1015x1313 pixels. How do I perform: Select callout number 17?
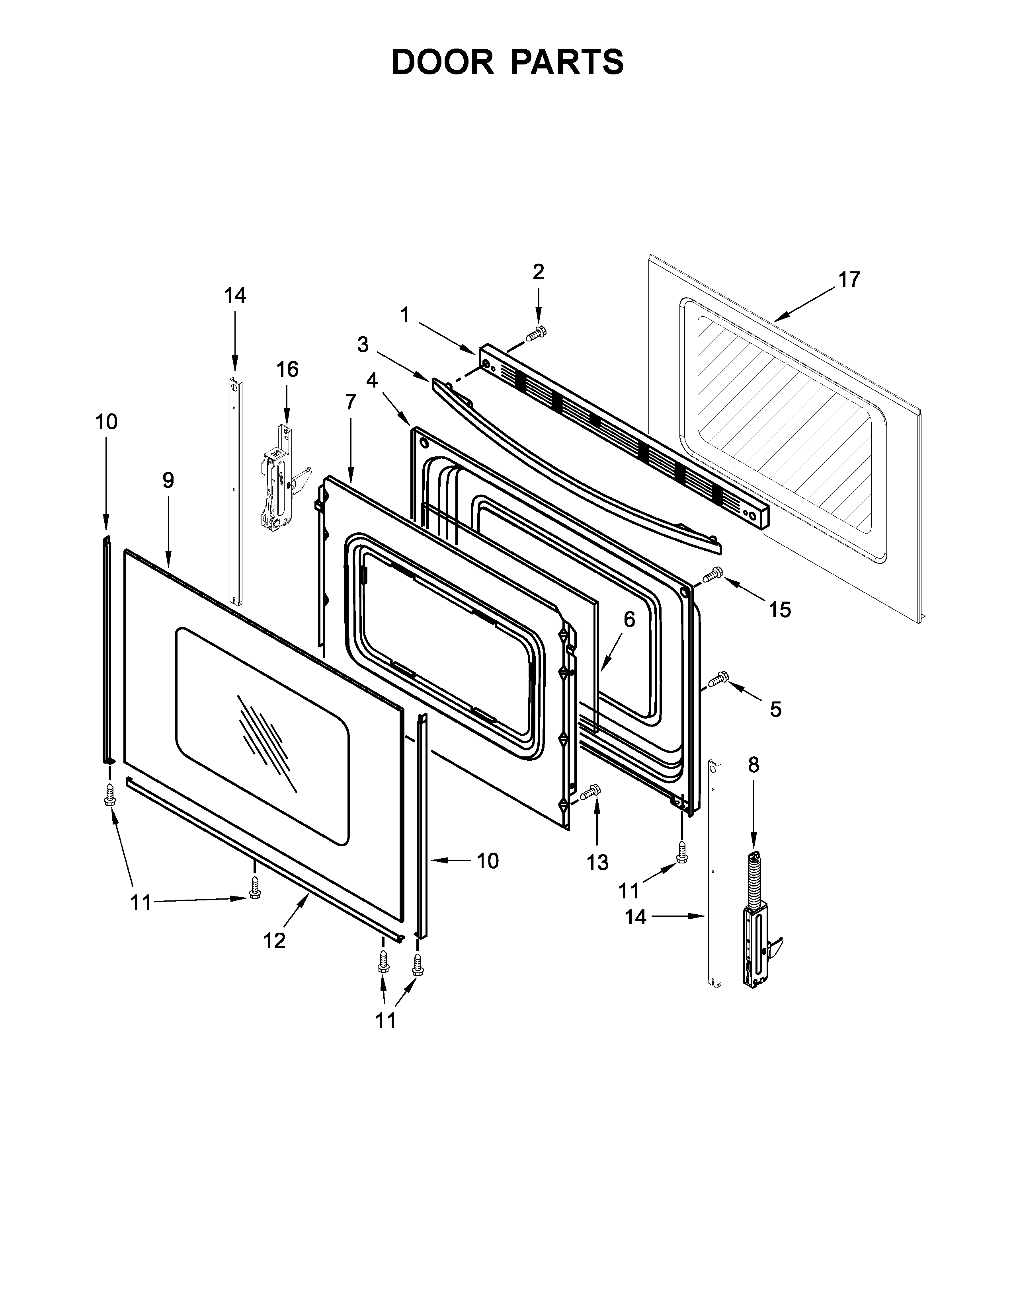[x=849, y=280]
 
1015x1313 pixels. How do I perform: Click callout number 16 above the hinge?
[x=287, y=369]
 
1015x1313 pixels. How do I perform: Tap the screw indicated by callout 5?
[x=717, y=680]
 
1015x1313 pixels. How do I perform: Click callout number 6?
[x=629, y=619]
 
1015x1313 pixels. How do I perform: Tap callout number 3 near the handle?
[x=363, y=345]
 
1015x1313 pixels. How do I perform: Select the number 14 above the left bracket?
[x=235, y=295]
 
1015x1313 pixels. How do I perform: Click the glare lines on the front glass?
[x=263, y=734]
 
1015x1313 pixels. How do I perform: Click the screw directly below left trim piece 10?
[x=109, y=794]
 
